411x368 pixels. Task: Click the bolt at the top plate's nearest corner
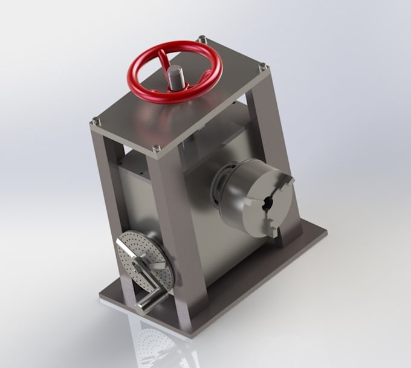point(157,147)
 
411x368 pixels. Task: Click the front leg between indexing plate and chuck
point(187,242)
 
